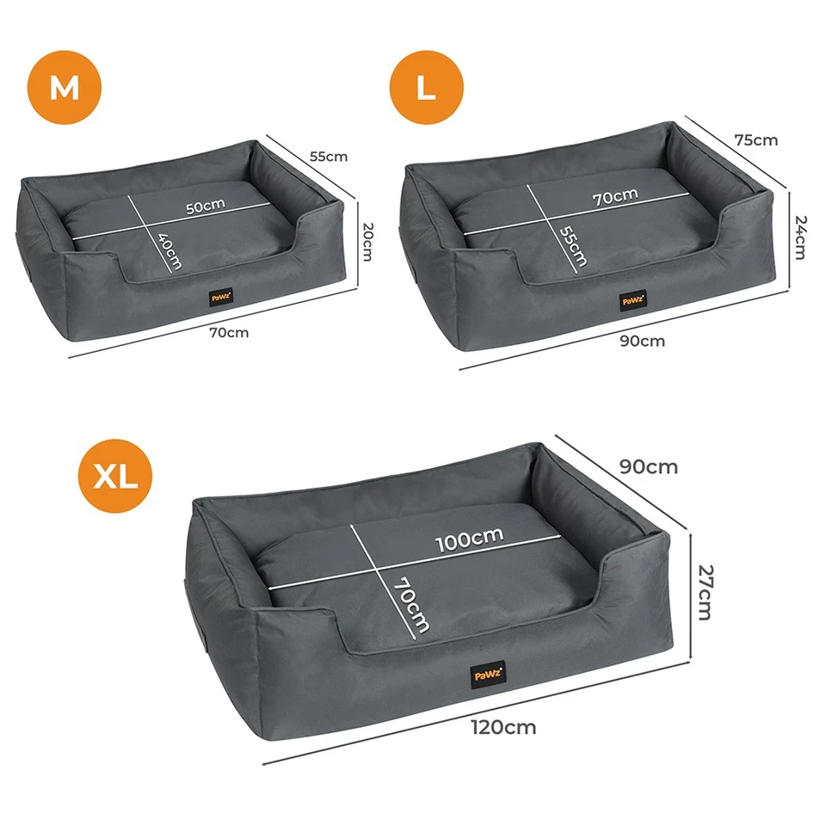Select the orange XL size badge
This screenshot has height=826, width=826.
pyautogui.click(x=116, y=476)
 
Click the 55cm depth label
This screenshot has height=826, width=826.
pyautogui.click(x=329, y=157)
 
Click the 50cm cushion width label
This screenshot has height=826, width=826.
pyautogui.click(x=205, y=207)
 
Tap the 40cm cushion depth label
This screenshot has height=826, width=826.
pyautogui.click(x=170, y=253)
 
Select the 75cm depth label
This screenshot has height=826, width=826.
pyautogui.click(x=755, y=139)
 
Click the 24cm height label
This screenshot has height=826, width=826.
pyautogui.click(x=799, y=237)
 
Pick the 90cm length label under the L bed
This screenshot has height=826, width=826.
pyautogui.click(x=643, y=341)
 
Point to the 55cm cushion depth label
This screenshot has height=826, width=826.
pyautogui.click(x=572, y=246)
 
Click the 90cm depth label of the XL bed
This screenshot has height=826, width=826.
pyautogui.click(x=649, y=466)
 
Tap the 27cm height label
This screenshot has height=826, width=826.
pyautogui.click(x=704, y=592)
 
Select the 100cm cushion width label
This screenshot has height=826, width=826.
pyautogui.click(x=469, y=539)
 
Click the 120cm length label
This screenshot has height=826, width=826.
pyautogui.click(x=504, y=727)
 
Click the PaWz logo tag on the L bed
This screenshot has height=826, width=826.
pyautogui.click(x=632, y=300)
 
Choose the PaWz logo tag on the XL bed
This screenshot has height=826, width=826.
pyautogui.click(x=487, y=674)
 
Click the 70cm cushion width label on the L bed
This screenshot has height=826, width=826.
pyautogui.click(x=615, y=196)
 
